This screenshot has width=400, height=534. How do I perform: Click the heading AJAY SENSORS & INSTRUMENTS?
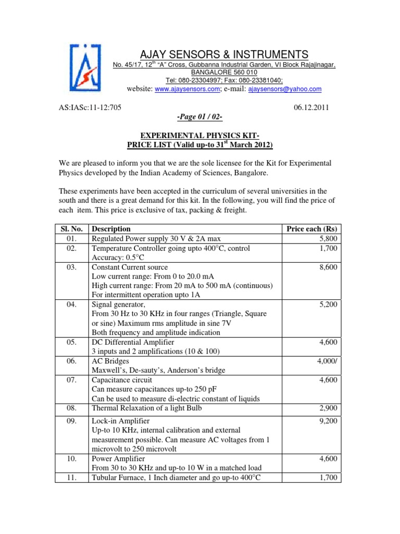tap(224, 55)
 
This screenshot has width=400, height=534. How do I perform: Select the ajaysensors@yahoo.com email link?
tap(284, 89)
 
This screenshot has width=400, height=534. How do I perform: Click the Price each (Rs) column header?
tap(311, 229)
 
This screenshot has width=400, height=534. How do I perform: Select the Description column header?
tap(111, 229)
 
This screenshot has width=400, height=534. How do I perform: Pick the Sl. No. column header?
tap(70, 229)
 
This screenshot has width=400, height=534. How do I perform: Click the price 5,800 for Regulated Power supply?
tap(327, 239)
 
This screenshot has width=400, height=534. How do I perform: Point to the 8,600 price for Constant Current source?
tap(327, 267)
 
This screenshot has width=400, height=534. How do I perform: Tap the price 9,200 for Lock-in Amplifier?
tap(327, 421)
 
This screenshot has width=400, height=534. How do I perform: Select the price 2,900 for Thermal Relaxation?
tap(327, 409)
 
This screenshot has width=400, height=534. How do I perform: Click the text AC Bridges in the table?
tap(110, 361)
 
